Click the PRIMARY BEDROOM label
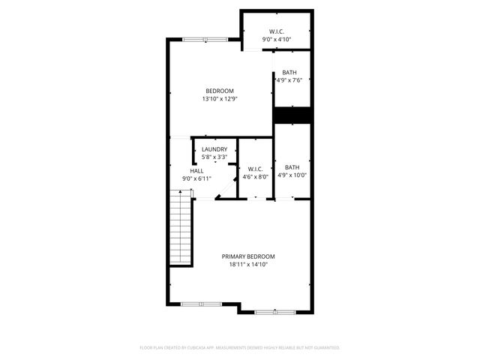[x=247, y=256]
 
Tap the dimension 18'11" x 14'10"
[x=247, y=264]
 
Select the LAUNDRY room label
[x=214, y=149]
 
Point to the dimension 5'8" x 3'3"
[x=214, y=157]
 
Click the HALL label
[x=196, y=170]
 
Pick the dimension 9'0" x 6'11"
[x=196, y=178]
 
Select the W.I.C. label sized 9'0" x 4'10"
[x=276, y=31]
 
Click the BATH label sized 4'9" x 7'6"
[x=289, y=72]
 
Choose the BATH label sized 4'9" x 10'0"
[x=292, y=167]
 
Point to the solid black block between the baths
[x=292, y=115]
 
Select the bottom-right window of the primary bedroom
[x=274, y=311]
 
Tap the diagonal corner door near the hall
[x=222, y=193]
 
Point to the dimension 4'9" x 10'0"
[x=292, y=175]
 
